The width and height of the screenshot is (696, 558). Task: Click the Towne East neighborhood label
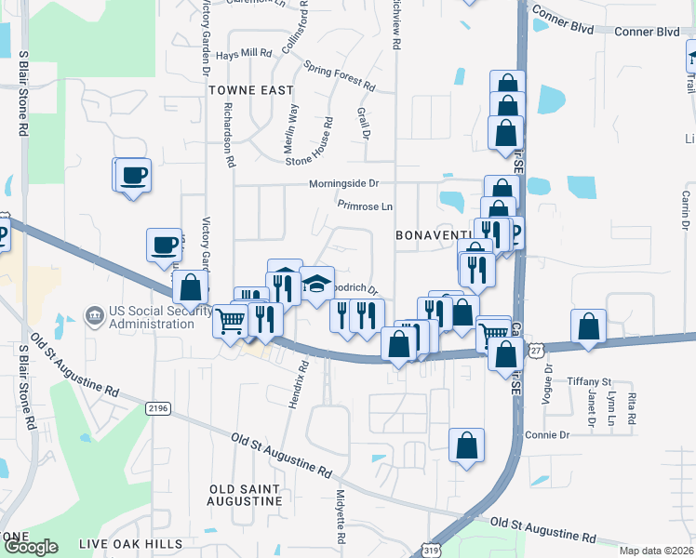tap(250, 90)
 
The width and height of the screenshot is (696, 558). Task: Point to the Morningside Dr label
tap(345, 184)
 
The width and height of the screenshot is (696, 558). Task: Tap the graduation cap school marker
tap(316, 283)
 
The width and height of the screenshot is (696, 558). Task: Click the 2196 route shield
tap(159, 407)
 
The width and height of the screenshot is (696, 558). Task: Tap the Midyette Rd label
tap(341, 518)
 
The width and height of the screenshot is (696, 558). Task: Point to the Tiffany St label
tap(592, 381)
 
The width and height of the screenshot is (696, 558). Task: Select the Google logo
tap(31, 547)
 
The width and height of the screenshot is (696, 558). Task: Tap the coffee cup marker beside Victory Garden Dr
tap(165, 245)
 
